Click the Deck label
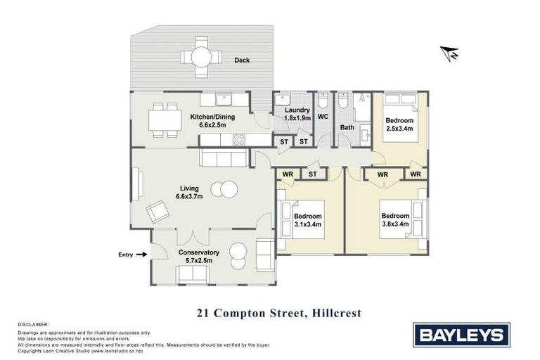[x=243, y=60]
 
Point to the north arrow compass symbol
[x=450, y=52]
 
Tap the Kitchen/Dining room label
[x=212, y=117]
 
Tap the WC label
[x=323, y=117]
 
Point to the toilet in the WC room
[x=323, y=101]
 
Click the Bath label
[x=347, y=127]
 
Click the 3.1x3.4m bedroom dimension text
[x=308, y=225]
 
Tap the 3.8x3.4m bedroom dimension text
[x=395, y=225]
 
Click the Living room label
[x=189, y=188]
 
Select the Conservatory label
[x=199, y=252]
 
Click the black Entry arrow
[x=141, y=255]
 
